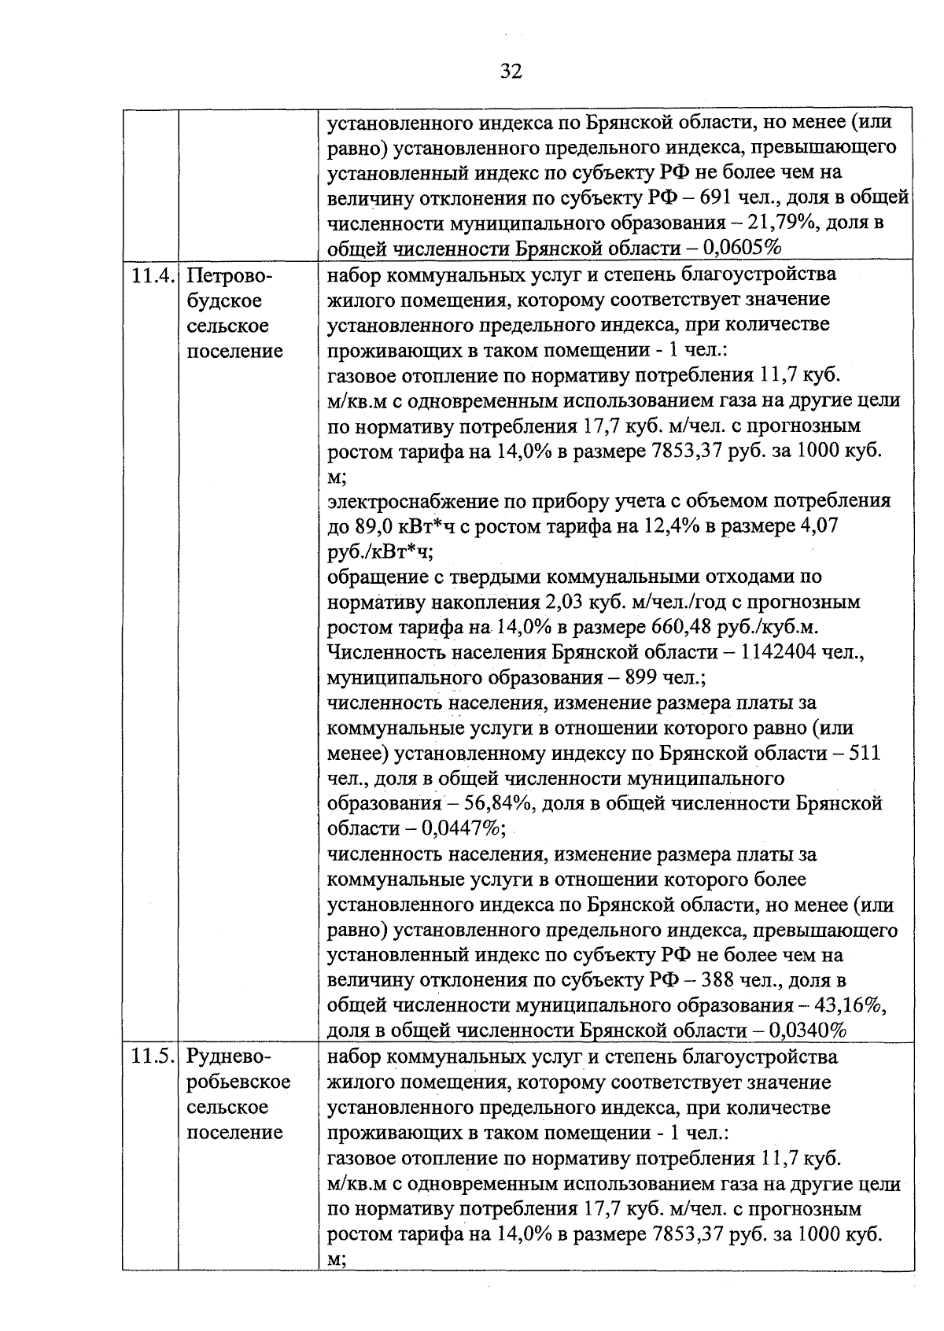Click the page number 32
tap(511, 72)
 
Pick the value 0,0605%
tap(742, 249)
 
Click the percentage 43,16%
tap(849, 1006)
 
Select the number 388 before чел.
tap(719, 981)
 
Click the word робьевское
tap(238, 1082)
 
